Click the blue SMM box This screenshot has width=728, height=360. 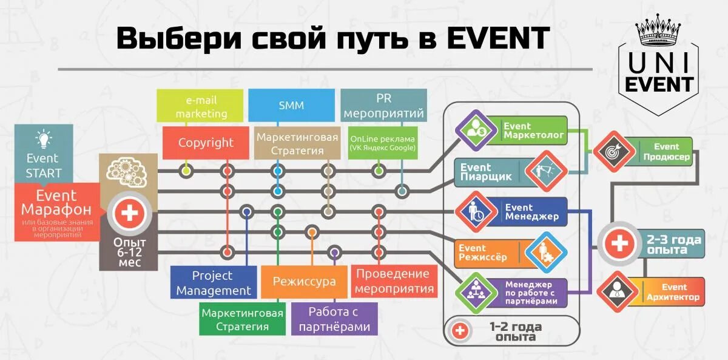[x=291, y=106]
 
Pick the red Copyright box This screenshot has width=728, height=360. [x=206, y=143]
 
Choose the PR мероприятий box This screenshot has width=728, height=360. [x=383, y=106]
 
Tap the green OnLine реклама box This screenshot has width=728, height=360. [x=383, y=143]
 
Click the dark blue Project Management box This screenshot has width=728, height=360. [x=213, y=283]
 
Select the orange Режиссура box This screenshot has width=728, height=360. [x=304, y=282]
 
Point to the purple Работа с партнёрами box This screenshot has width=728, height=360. [x=334, y=319]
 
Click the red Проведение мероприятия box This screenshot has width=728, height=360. [x=394, y=282]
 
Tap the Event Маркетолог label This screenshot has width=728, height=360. [x=533, y=131]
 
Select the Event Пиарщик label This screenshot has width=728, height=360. [x=486, y=172]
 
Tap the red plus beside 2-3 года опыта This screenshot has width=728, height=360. [x=619, y=245]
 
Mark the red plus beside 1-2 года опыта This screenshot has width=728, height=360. [x=461, y=331]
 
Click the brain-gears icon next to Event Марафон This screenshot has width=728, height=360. [x=127, y=170]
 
